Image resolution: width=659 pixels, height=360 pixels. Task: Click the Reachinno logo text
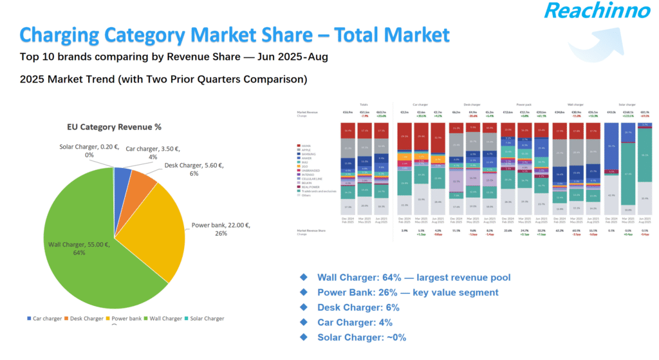click(x=588, y=12)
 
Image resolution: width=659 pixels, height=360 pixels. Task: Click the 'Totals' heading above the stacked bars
click(x=364, y=104)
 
